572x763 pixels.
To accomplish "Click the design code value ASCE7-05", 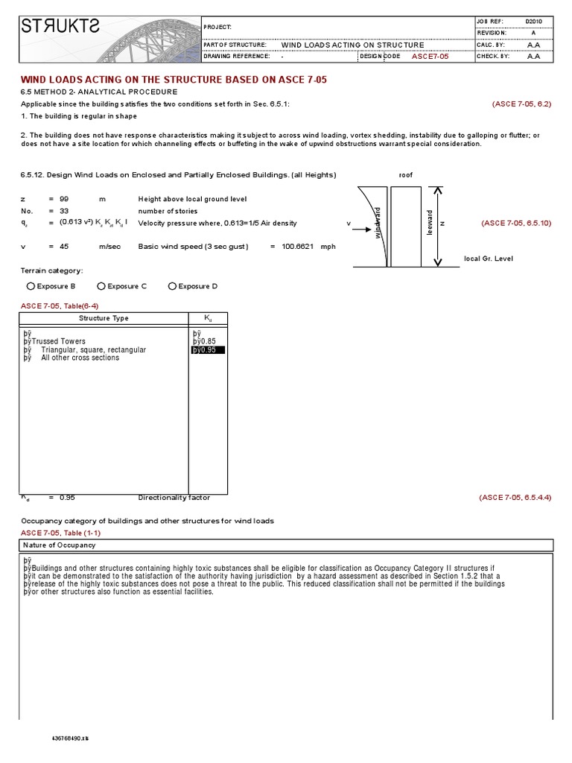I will click(x=430, y=56).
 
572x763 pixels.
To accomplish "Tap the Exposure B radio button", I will click(x=31, y=286).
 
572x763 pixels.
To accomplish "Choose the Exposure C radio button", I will click(x=101, y=286).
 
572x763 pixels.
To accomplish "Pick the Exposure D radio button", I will click(x=172, y=286).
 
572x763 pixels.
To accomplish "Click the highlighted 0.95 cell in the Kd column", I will click(x=208, y=349).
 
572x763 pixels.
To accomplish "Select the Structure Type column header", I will click(x=104, y=318).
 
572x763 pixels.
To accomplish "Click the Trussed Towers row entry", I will click(x=58, y=341).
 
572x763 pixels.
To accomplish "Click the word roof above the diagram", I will click(x=405, y=175).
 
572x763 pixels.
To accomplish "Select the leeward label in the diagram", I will click(x=429, y=223).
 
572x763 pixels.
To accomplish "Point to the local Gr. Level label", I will click(x=488, y=259).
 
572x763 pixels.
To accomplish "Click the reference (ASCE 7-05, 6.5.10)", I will click(x=515, y=223).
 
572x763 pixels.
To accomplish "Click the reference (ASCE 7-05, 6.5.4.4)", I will click(x=515, y=497).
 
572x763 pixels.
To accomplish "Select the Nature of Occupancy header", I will click(x=59, y=545).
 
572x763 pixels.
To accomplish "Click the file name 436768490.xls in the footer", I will click(x=69, y=737).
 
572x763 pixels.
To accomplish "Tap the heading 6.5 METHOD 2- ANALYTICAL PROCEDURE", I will click(x=98, y=92).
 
